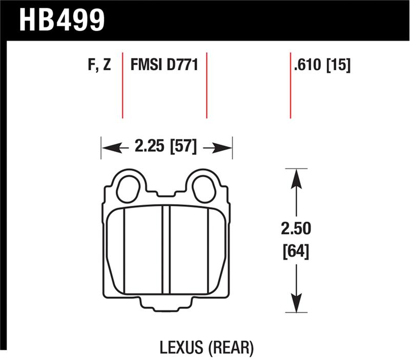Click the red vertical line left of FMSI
pos(122,85)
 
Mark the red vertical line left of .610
pos(291,85)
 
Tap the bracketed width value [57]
pos(183,148)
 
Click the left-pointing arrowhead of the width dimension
pos(109,148)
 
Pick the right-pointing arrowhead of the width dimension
pos(225,148)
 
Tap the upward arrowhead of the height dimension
pos(294,177)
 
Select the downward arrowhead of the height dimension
pos(294,302)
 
